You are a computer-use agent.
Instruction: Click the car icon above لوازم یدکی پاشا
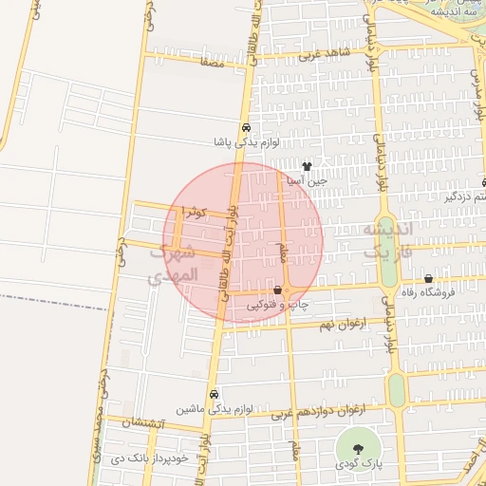pos(246,127)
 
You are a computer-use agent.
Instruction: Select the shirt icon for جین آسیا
pos(307,165)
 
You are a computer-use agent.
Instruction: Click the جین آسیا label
pos(308,179)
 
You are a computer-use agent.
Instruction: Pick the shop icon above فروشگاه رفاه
pos(430,278)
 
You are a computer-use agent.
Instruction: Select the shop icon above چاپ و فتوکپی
pos(277,290)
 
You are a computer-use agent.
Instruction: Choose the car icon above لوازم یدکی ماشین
pos(215,393)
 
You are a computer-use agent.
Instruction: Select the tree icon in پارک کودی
pos(358,448)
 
